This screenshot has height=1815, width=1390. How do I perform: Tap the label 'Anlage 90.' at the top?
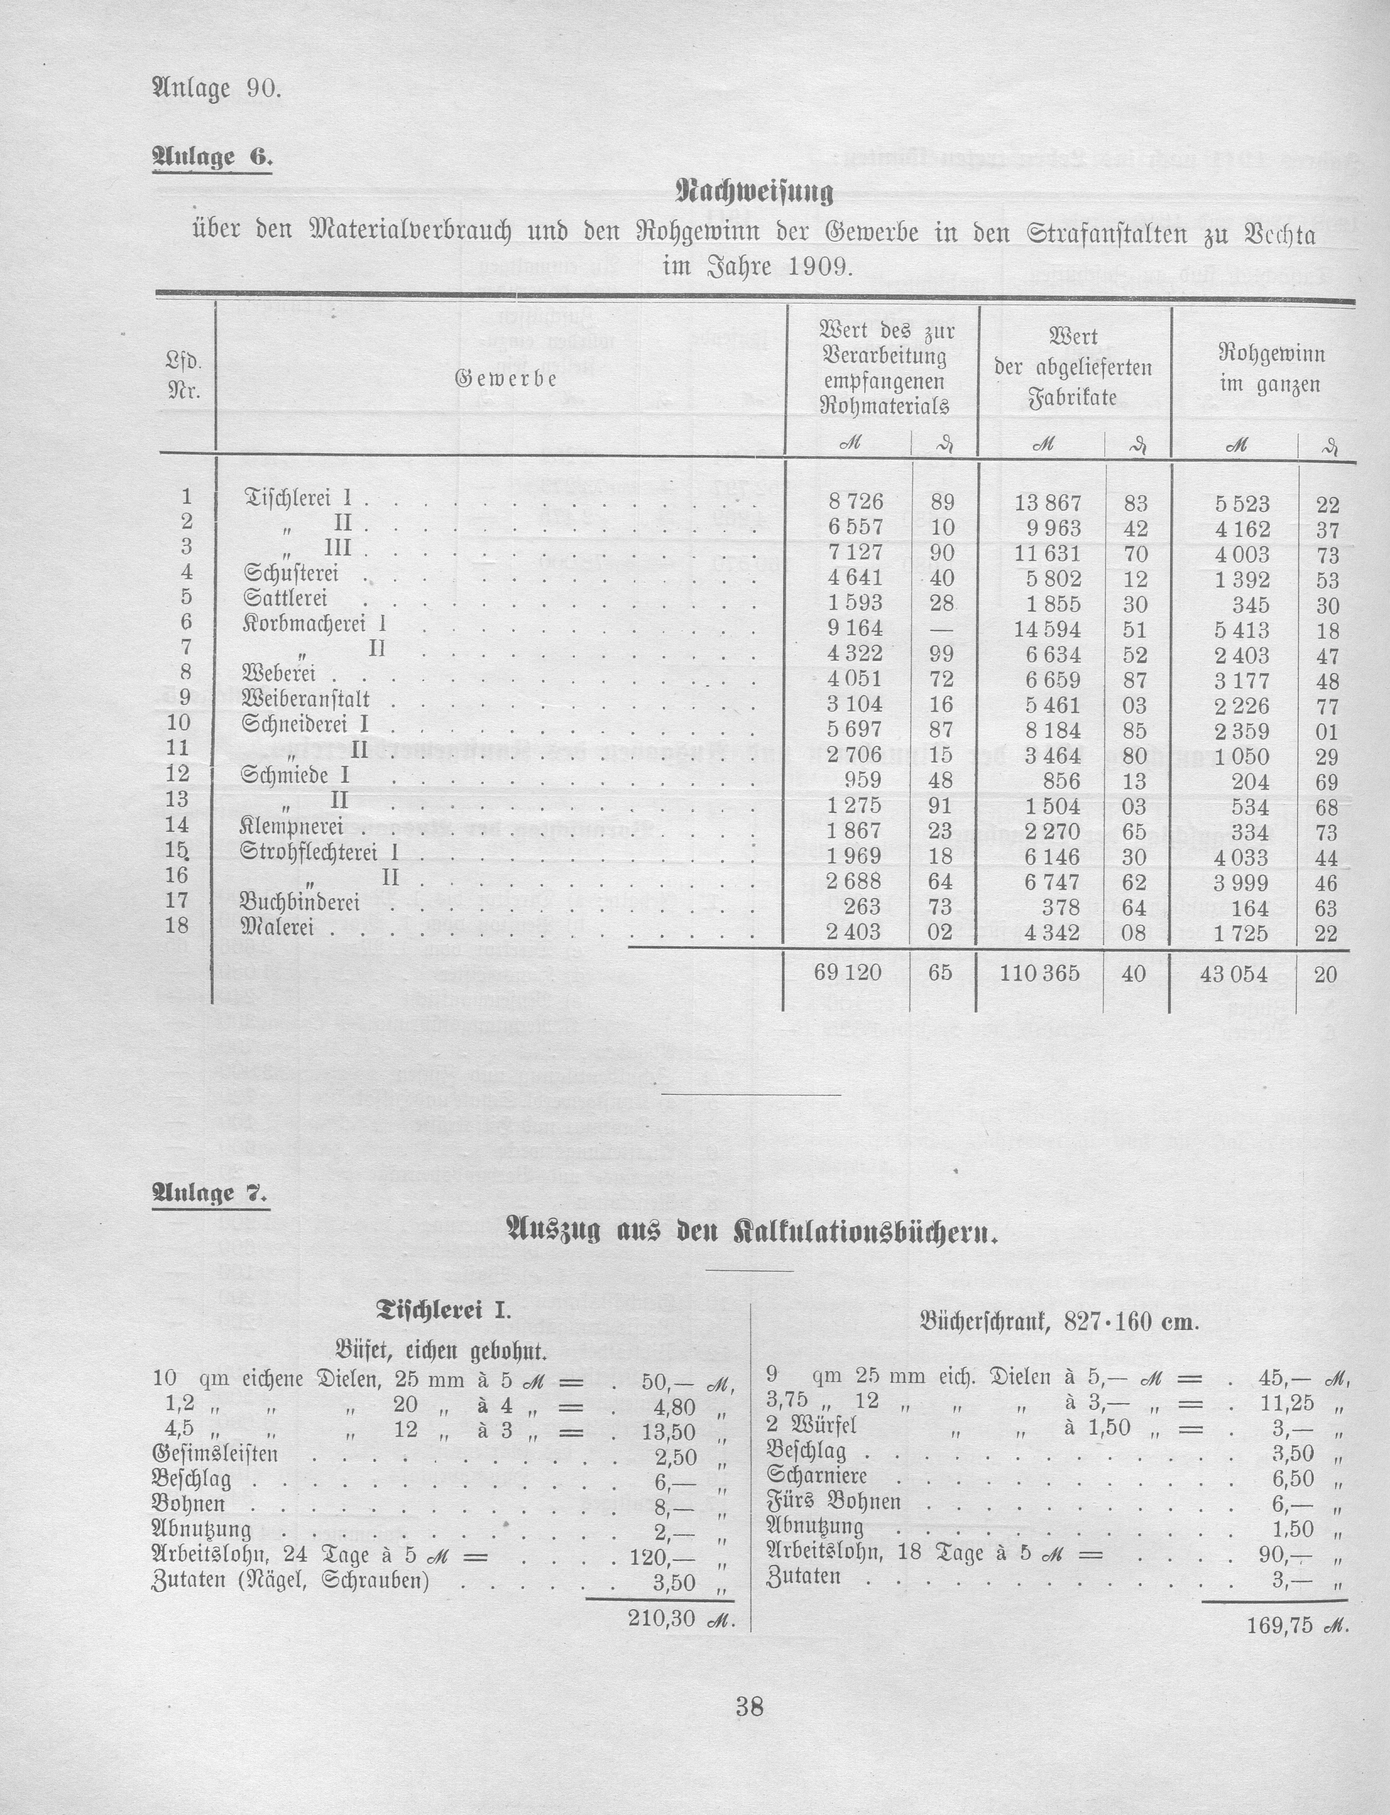[x=217, y=88]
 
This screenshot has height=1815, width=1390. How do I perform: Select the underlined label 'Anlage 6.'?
[x=212, y=157]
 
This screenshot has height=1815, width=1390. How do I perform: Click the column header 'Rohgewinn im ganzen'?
[x=1271, y=369]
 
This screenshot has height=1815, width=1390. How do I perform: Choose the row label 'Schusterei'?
[x=291, y=573]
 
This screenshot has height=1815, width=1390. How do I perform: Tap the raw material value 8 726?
[x=856, y=501]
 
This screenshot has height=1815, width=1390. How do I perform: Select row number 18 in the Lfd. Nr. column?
[x=180, y=926]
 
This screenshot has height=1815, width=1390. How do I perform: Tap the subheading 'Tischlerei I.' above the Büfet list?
[x=444, y=1309]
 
